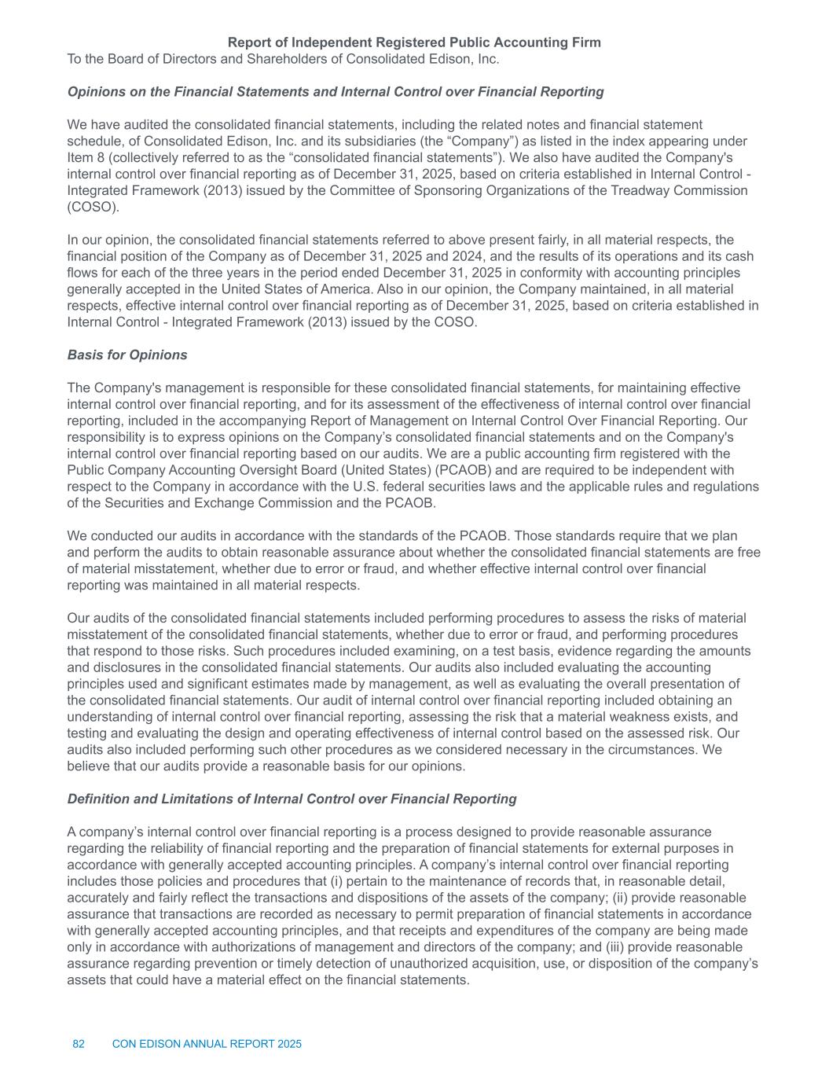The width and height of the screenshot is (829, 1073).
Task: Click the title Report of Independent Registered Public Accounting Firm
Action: (x=414, y=42)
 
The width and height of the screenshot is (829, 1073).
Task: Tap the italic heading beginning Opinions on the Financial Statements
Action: (x=336, y=92)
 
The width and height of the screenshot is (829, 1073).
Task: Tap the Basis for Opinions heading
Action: (x=127, y=355)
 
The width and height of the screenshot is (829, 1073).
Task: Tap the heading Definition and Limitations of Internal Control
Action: (x=292, y=799)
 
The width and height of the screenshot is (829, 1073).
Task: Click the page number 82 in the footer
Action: (x=79, y=1045)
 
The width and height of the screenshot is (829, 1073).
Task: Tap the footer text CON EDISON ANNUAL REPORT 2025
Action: (x=207, y=1045)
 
